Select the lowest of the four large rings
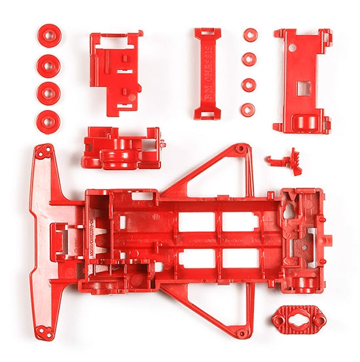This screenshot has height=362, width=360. (x=48, y=122)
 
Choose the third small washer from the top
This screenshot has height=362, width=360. (x=249, y=85)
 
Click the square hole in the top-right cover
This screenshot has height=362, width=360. (x=304, y=87)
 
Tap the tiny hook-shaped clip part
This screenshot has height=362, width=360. (x=282, y=159)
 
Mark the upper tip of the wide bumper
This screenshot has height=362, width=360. (x=45, y=151)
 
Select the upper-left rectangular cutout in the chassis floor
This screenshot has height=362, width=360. (x=196, y=221)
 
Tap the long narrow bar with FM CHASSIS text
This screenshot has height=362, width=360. (x=207, y=73)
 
